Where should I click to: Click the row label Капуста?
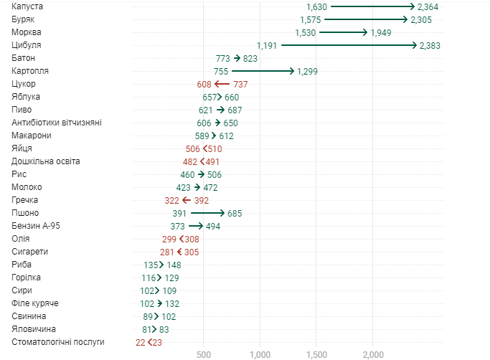(28, 6)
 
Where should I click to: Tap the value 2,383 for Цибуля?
(429, 45)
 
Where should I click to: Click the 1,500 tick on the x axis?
(316, 354)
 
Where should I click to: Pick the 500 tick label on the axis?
(204, 354)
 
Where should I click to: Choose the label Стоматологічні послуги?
(58, 342)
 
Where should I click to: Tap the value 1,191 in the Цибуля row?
(267, 45)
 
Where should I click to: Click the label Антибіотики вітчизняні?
(57, 123)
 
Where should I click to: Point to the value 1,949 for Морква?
(381, 32)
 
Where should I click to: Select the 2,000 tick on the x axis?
(373, 354)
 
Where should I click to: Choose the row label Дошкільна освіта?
(46, 161)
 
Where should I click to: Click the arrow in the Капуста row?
(374, 6)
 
